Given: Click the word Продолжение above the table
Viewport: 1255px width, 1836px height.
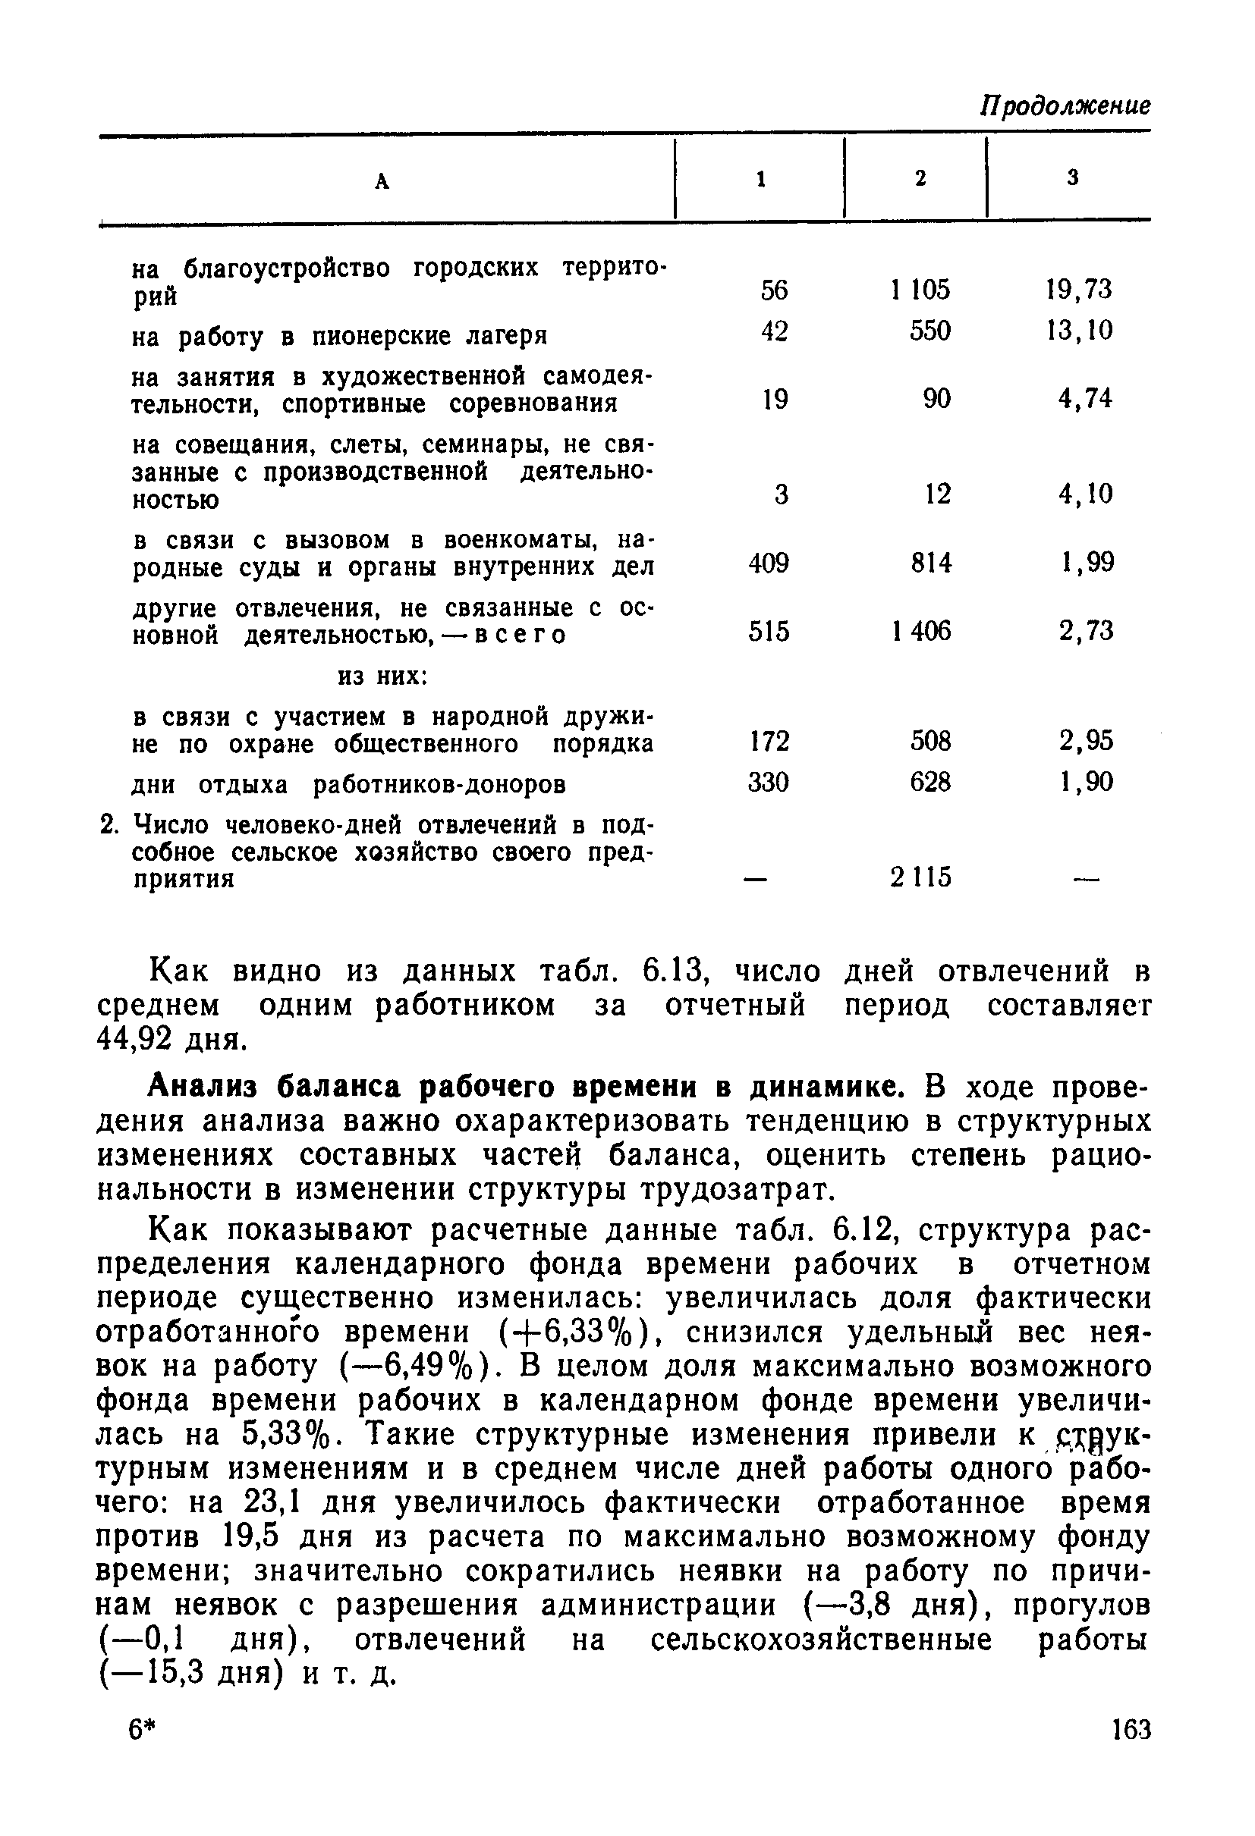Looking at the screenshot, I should point(1065,105).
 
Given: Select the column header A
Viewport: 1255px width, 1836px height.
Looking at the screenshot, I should point(382,182).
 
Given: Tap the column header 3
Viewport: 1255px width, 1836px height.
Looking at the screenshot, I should point(1072,178).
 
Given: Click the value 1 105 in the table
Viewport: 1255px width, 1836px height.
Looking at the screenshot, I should point(920,290).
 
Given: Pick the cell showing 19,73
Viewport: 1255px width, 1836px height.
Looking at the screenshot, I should point(1077,290).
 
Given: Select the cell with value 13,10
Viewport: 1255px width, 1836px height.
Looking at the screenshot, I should point(1079,330).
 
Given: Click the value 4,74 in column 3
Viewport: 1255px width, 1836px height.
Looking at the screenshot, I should point(1085,399).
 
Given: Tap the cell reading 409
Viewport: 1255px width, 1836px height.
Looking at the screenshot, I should point(768,563).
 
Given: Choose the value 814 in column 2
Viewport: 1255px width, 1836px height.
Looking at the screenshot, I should point(931,563).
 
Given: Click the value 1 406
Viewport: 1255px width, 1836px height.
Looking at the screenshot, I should point(920,631).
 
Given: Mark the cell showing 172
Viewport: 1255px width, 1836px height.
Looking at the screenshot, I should point(768,741).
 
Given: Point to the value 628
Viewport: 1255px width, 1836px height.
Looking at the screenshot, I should point(930,782).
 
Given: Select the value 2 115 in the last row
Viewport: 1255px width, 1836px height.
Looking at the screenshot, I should point(920,877).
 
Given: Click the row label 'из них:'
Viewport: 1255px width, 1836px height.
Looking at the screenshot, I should point(382,676).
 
